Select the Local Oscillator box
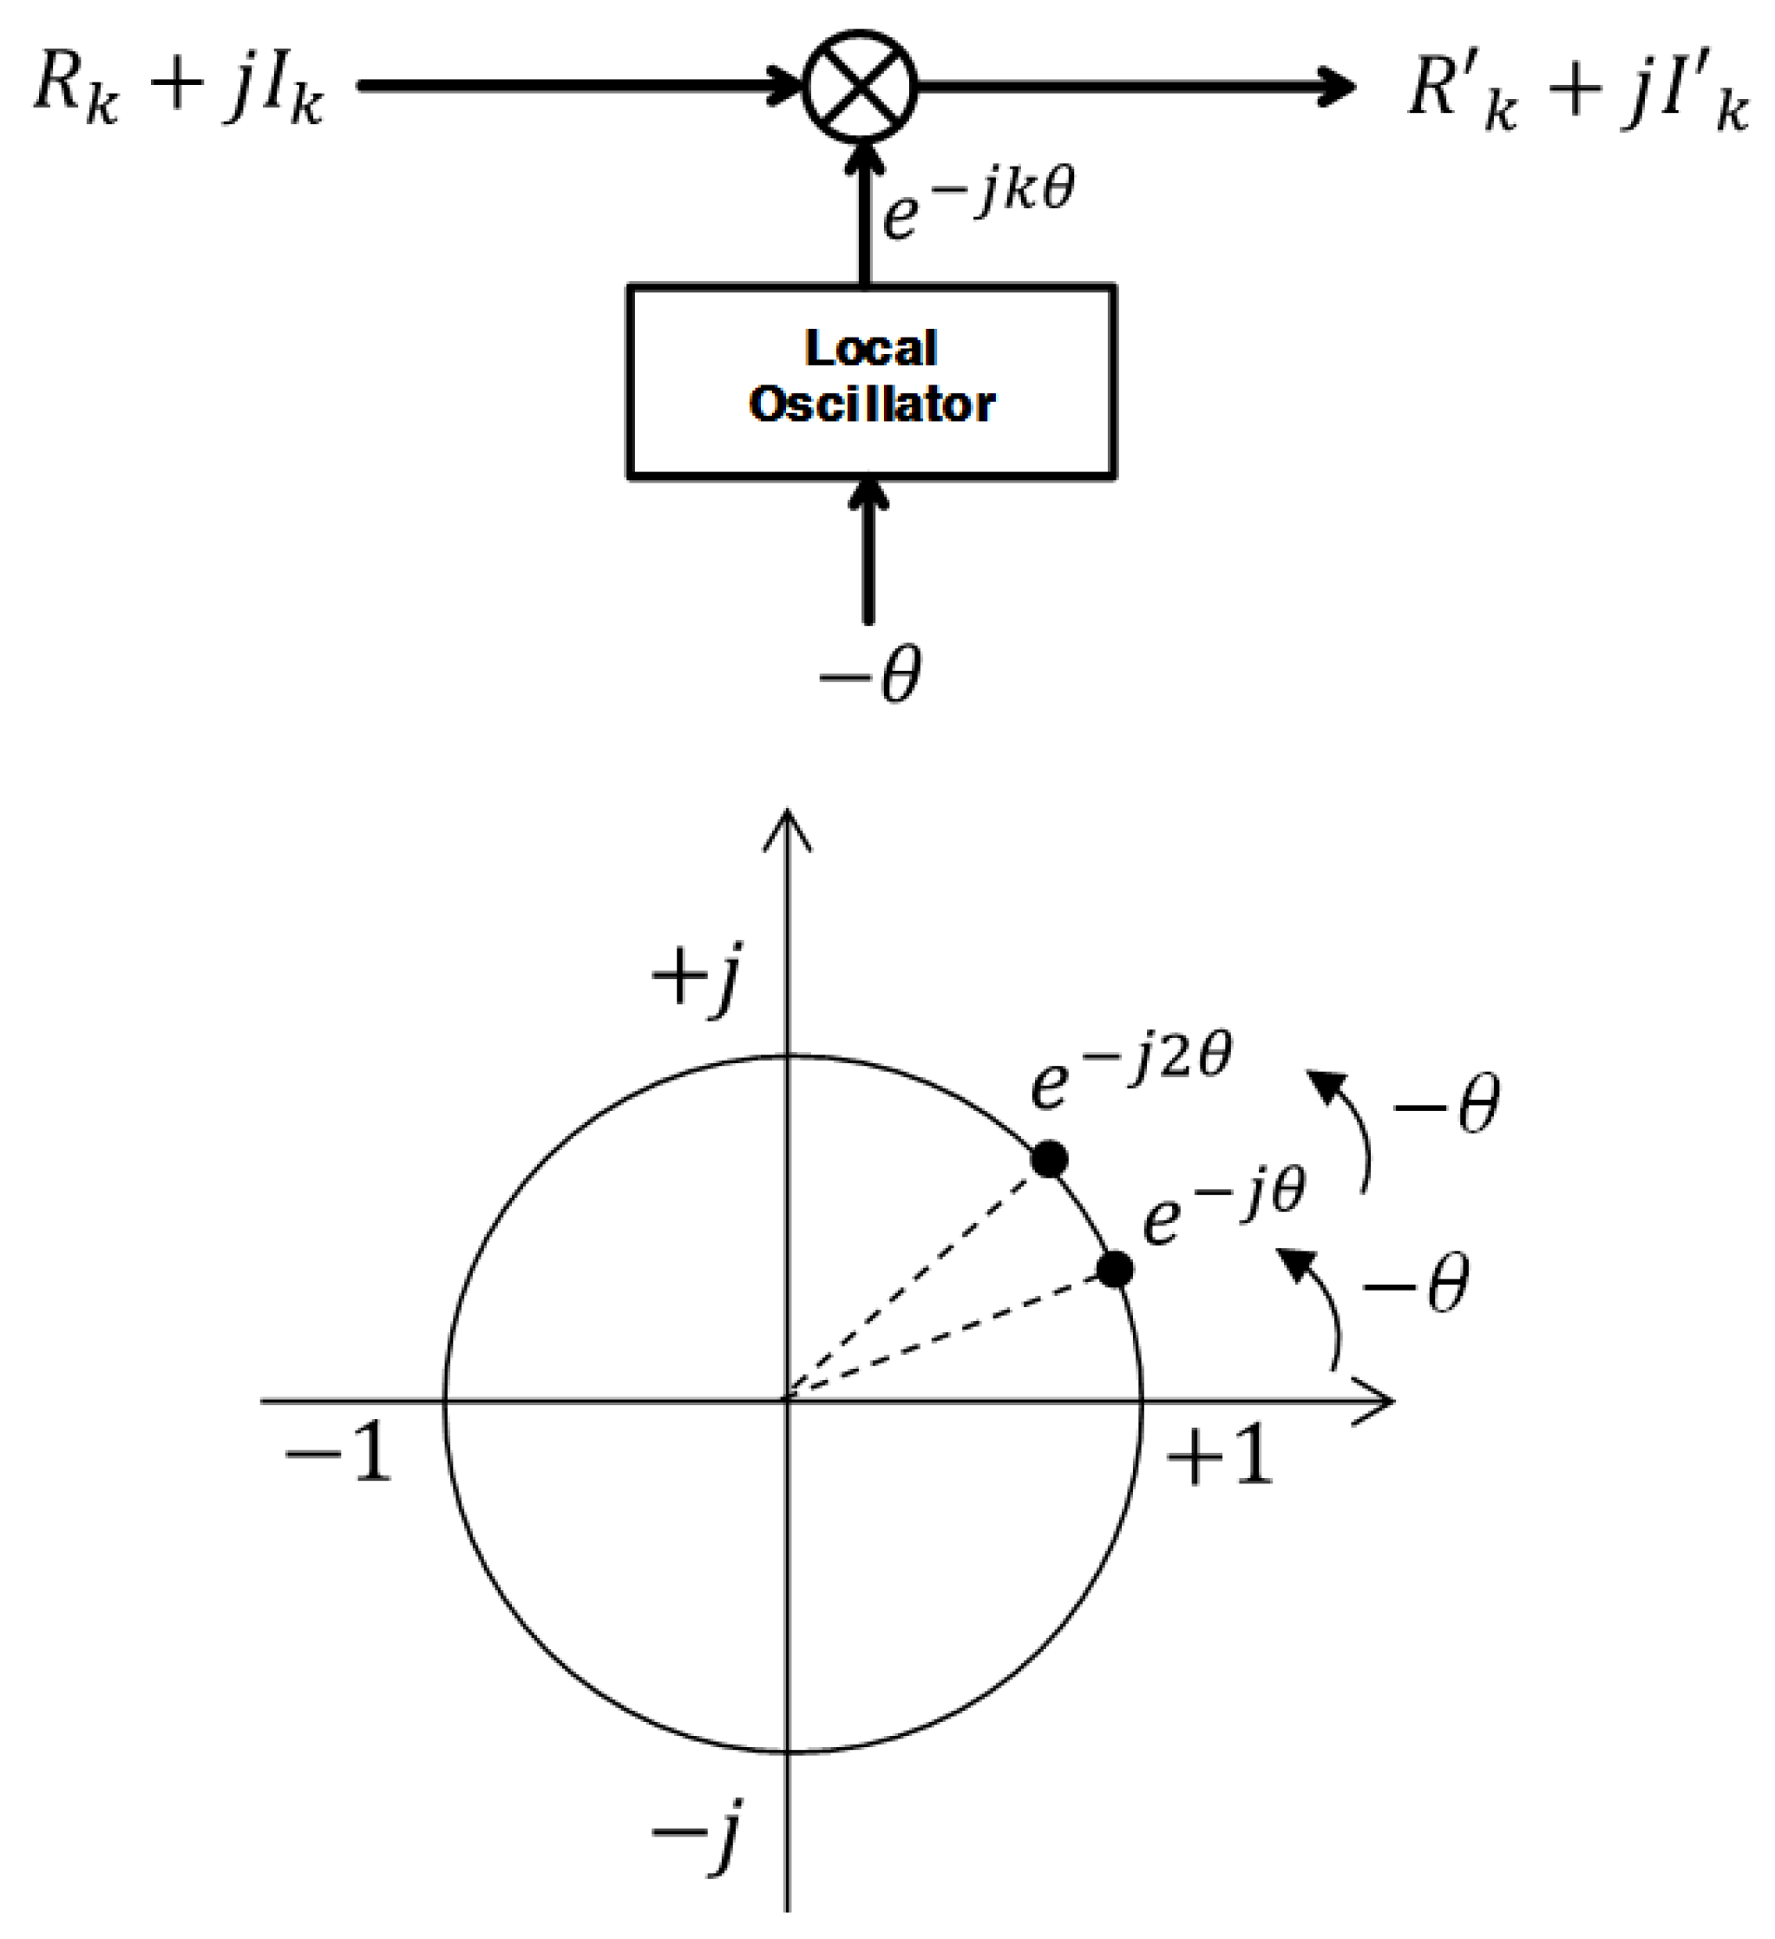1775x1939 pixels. coord(871,381)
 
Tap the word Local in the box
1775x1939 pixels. coord(871,348)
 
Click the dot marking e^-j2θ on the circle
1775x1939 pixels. coord(1049,1158)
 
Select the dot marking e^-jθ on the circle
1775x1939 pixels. coord(1116,1270)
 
